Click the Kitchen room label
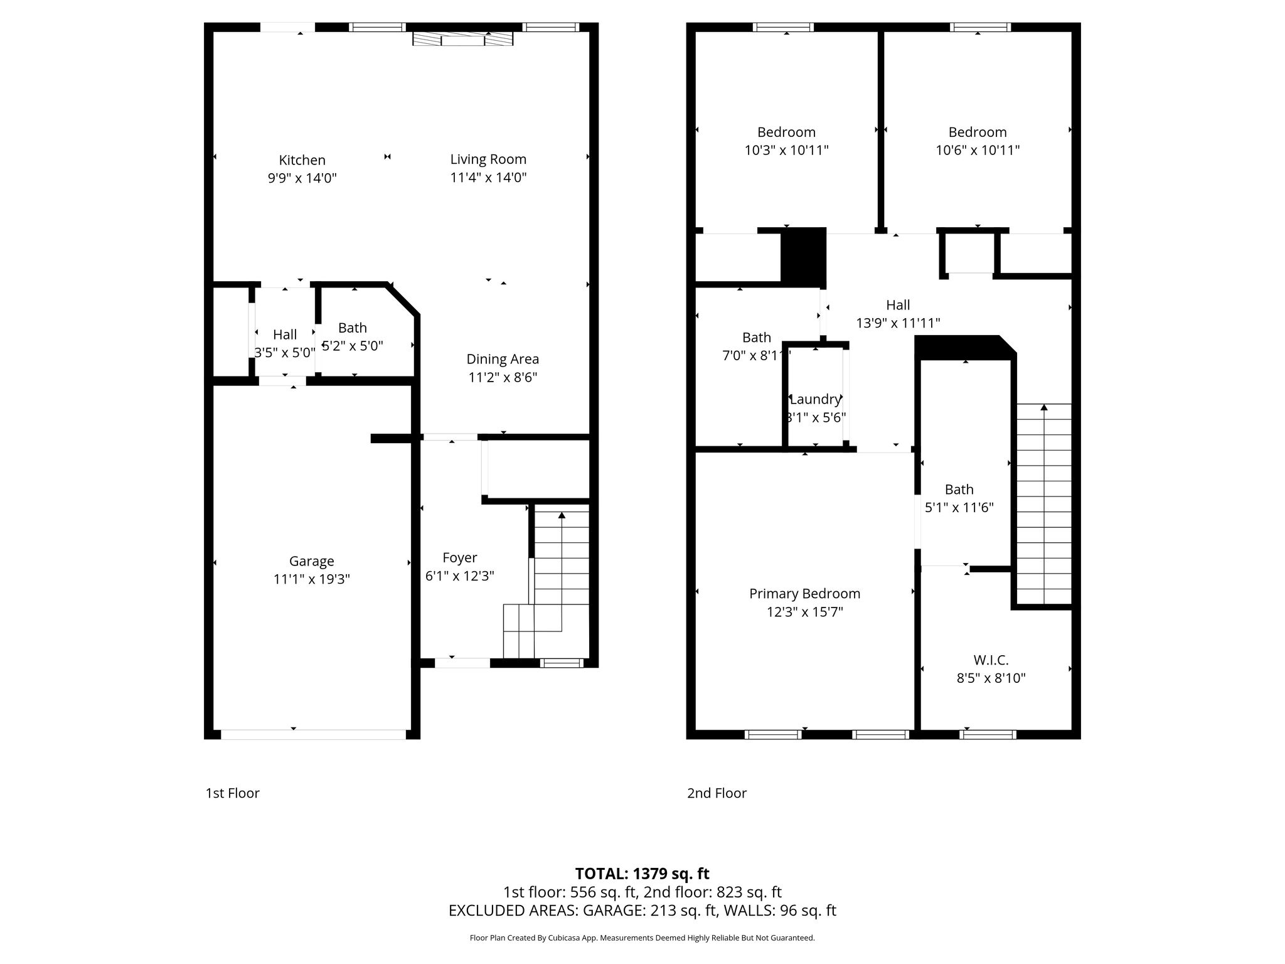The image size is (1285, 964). [x=302, y=160]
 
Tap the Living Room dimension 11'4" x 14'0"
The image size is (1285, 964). [x=488, y=178]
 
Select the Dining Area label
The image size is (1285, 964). [x=503, y=359]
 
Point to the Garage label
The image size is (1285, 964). [x=311, y=561]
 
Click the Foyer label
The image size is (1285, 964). [x=460, y=558]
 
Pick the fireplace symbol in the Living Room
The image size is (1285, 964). [x=463, y=38]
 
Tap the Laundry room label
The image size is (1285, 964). [x=815, y=399]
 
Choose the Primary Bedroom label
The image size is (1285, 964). [x=804, y=594]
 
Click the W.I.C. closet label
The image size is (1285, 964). [x=991, y=660]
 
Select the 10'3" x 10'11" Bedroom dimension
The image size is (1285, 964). [x=786, y=151]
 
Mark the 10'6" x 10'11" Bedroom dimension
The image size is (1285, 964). [x=978, y=151]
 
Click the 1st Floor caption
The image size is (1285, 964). [x=232, y=793]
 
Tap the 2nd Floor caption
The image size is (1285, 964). [x=717, y=793]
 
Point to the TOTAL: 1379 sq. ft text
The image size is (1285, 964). [x=642, y=874]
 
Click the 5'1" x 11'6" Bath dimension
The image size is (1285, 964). [x=959, y=508]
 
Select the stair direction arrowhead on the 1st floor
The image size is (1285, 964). [x=562, y=515]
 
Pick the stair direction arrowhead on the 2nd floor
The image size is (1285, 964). [x=1044, y=407]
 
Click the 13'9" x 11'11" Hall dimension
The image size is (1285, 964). [x=898, y=323]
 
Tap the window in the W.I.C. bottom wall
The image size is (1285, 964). [x=988, y=734]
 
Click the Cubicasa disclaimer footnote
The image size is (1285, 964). [x=642, y=938]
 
